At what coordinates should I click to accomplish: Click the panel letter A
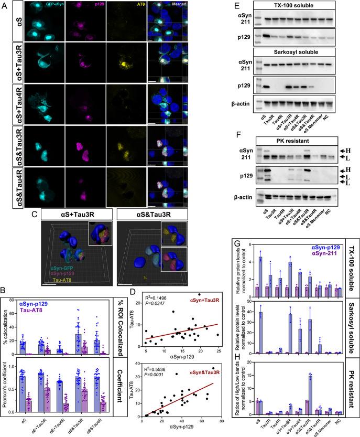[x=5, y=5]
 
